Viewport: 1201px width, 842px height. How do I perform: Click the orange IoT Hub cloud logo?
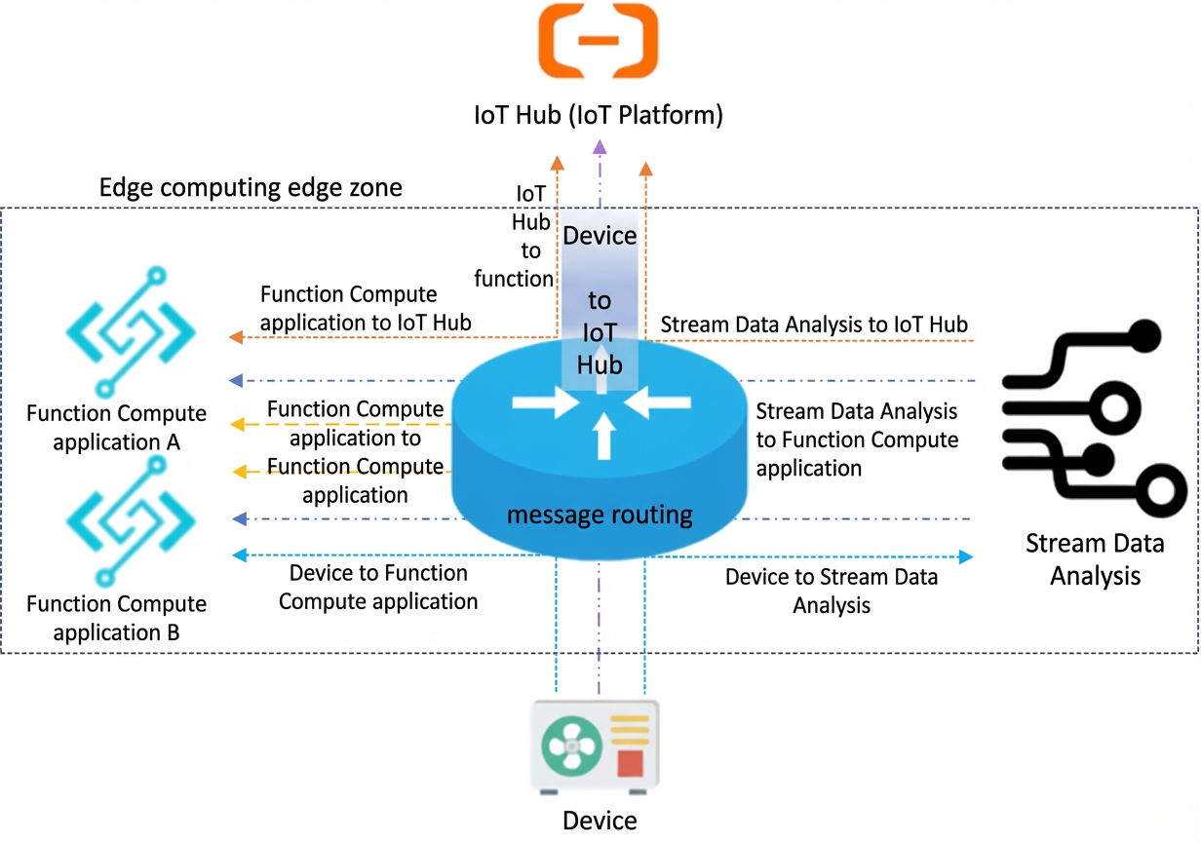599,41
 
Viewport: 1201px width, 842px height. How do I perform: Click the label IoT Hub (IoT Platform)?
599,115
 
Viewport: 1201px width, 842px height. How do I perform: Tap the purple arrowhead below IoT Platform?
600,147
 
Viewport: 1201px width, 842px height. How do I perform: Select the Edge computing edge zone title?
251,187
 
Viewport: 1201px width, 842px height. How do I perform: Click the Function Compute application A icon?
131,331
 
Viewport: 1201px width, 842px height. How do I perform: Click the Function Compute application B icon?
131,521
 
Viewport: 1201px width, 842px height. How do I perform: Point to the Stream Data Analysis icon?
1094,418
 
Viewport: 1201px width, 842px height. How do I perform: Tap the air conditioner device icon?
595,746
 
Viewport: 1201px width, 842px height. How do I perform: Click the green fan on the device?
571,746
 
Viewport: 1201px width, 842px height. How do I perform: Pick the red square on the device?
630,763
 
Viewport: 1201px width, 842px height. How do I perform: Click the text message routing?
600,516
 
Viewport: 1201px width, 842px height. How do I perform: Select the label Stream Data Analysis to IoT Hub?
814,325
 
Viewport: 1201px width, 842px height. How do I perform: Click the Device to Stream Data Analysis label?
832,592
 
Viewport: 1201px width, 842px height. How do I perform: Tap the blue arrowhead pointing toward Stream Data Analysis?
966,556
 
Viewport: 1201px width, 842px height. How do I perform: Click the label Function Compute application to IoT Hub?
366,309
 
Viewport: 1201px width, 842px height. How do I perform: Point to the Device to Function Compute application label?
378,588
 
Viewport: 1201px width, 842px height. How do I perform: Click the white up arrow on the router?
604,436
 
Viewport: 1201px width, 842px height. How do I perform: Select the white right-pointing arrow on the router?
546,402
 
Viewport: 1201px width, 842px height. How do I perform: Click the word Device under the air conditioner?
600,821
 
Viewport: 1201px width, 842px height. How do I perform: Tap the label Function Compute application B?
116,619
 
